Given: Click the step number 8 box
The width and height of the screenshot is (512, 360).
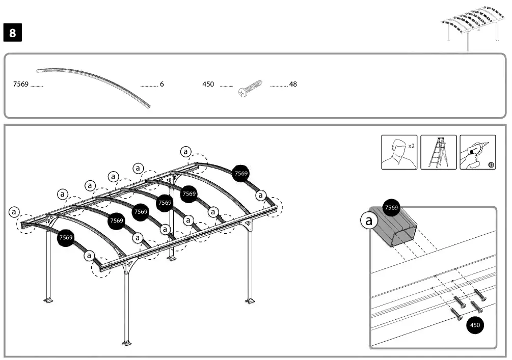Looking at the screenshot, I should [x=12, y=33].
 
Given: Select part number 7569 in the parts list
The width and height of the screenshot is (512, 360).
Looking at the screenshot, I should [x=20, y=84].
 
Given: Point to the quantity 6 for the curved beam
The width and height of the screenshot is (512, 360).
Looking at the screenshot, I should [x=161, y=84].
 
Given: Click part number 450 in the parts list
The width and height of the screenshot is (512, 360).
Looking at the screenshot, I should [x=208, y=84].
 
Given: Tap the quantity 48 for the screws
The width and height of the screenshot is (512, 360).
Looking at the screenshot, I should [x=293, y=84].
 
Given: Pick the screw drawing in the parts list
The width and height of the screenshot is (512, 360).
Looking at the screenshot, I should [x=251, y=88].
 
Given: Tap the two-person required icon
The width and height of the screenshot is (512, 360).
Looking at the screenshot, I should [x=399, y=152].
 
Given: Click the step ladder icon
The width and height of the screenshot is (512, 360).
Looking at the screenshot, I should [x=438, y=152].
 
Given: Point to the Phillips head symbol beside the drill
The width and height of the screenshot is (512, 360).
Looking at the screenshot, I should [x=491, y=164].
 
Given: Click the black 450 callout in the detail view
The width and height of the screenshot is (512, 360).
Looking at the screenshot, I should [x=475, y=325].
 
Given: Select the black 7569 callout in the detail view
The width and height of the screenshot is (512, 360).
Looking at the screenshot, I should [x=391, y=207].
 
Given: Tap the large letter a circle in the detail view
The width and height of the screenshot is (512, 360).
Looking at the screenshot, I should [x=369, y=220].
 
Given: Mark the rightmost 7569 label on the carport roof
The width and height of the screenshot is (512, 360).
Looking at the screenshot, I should [x=241, y=174].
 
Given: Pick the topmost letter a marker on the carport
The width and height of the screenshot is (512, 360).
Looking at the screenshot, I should [x=185, y=151].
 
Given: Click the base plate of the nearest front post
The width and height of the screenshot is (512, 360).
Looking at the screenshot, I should [x=127, y=341].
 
